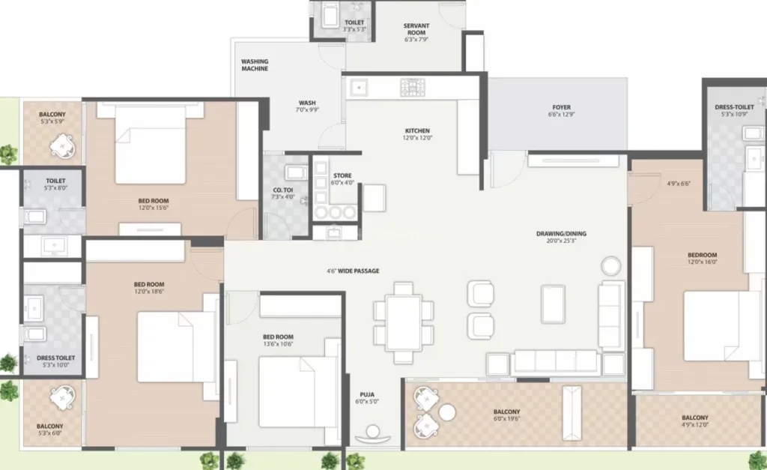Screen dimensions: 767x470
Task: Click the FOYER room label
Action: click(x=562, y=107)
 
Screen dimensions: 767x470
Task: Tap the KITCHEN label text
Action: click(x=417, y=130)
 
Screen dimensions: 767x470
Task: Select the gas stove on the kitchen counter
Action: click(x=413, y=87)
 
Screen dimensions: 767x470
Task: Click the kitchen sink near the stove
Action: click(x=359, y=88)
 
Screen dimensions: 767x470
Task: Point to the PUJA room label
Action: click(x=367, y=394)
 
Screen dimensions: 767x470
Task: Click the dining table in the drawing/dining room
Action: click(x=403, y=322)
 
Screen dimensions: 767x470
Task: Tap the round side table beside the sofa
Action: click(x=611, y=266)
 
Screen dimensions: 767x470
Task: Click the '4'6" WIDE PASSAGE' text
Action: click(x=354, y=271)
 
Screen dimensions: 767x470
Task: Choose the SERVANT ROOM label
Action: click(x=416, y=29)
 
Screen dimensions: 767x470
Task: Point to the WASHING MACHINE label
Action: click(x=255, y=65)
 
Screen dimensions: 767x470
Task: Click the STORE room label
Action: click(x=342, y=175)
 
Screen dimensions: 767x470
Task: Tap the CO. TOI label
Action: click(x=282, y=190)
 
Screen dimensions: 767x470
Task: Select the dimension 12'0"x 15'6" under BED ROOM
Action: click(x=154, y=208)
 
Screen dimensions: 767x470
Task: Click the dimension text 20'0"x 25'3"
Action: click(x=561, y=241)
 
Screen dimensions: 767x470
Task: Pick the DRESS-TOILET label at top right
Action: click(x=734, y=107)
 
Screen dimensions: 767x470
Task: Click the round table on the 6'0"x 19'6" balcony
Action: click(x=447, y=413)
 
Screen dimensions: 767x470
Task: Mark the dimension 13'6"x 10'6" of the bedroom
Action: click(x=278, y=343)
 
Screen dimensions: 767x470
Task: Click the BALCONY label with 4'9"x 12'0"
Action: click(x=694, y=418)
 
